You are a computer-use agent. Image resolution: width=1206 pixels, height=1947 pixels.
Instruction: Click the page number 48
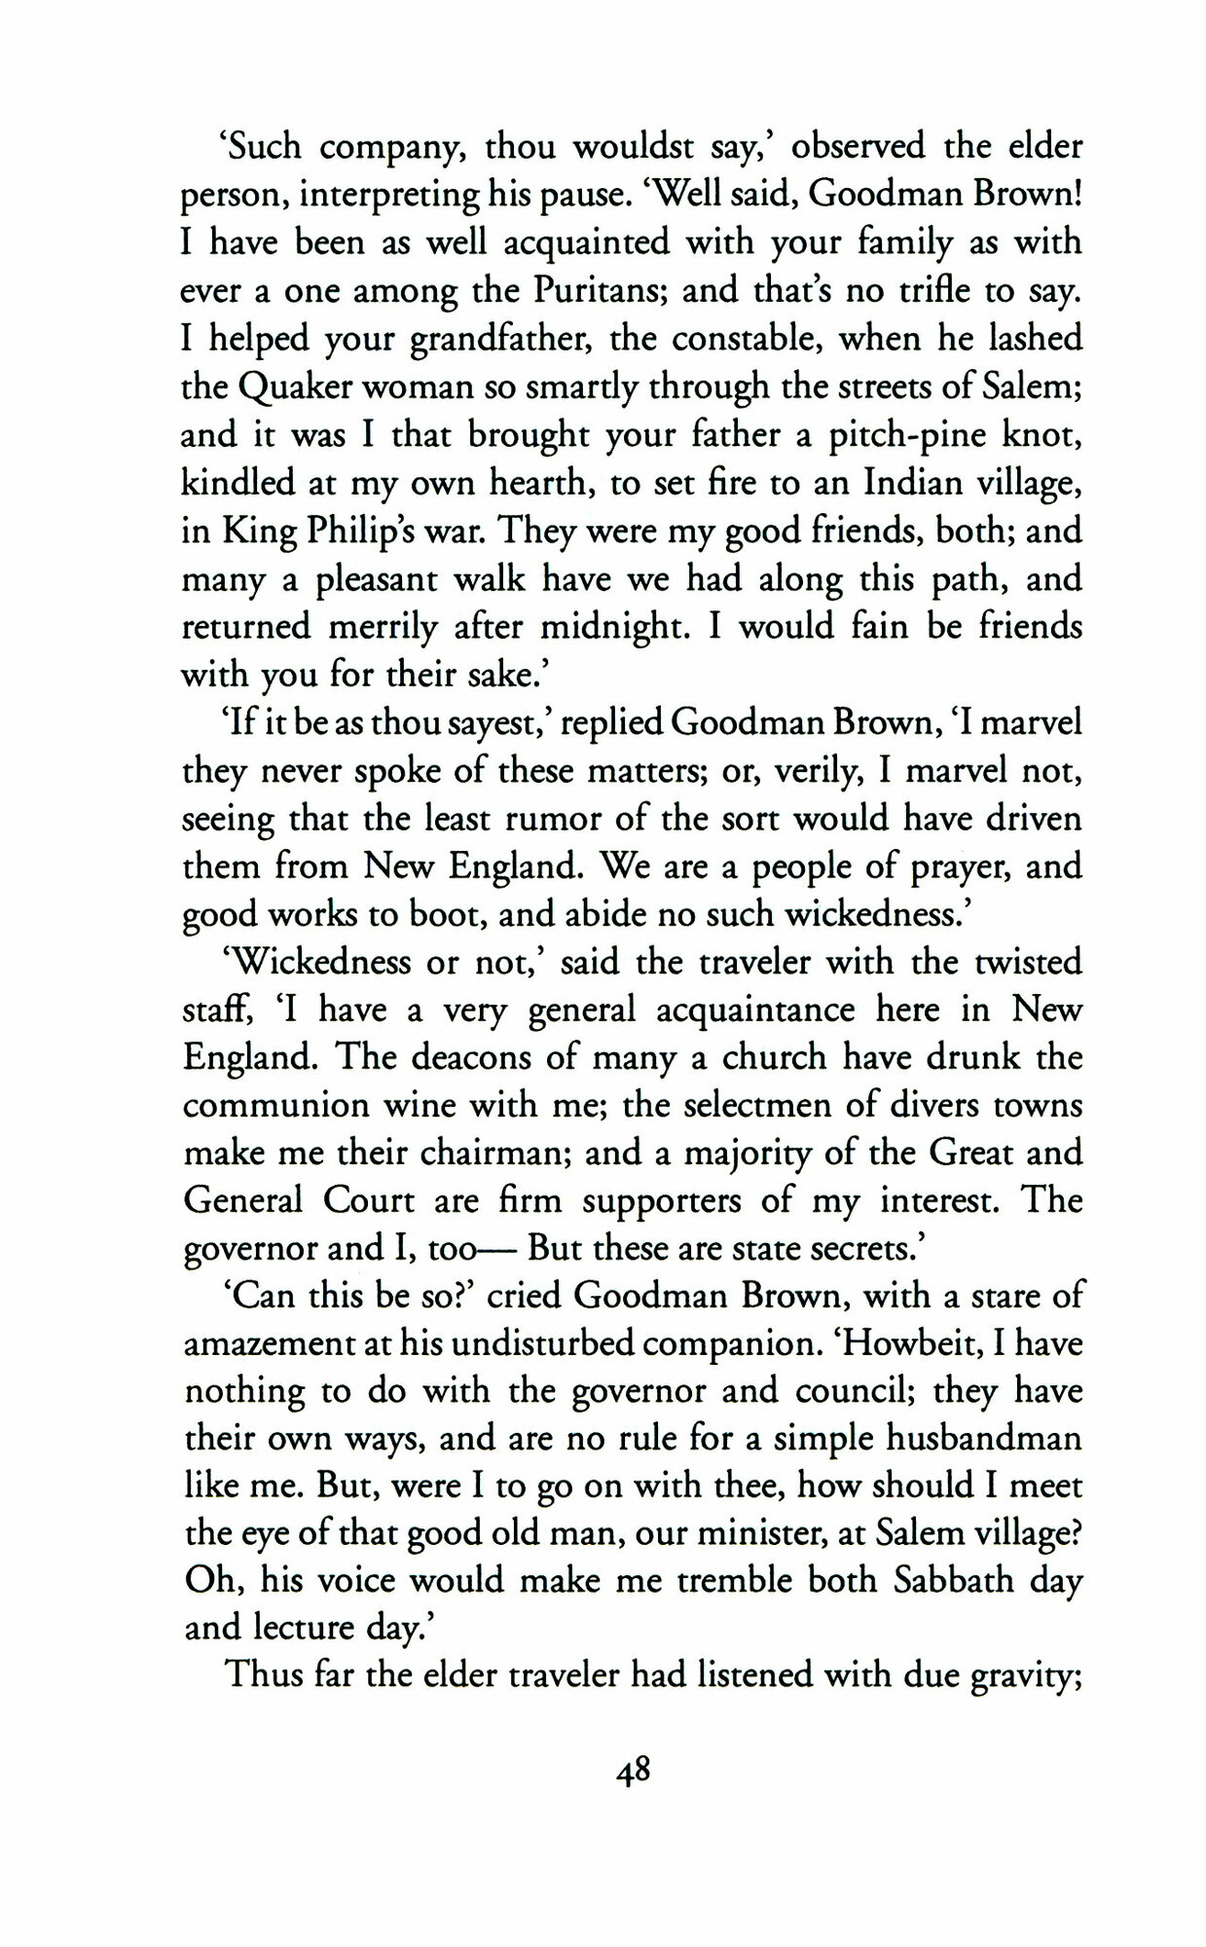[x=633, y=1770]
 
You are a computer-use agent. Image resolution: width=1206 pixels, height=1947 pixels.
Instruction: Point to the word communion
[x=277, y=1106]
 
